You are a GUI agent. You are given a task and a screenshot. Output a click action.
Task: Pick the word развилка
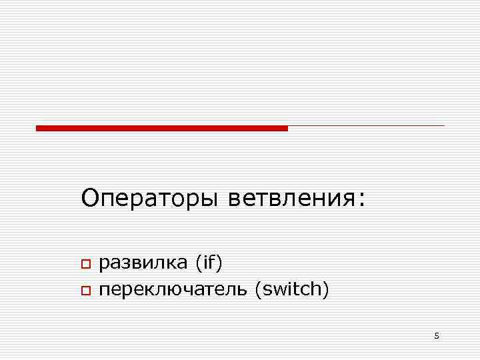coord(143,263)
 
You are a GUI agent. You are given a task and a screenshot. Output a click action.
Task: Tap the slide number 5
coord(437,335)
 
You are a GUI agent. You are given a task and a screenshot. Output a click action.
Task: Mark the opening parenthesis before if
coord(199,263)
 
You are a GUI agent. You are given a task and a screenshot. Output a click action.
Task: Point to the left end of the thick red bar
coord(38,127)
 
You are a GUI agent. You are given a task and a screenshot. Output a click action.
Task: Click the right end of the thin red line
coord(443,125)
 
